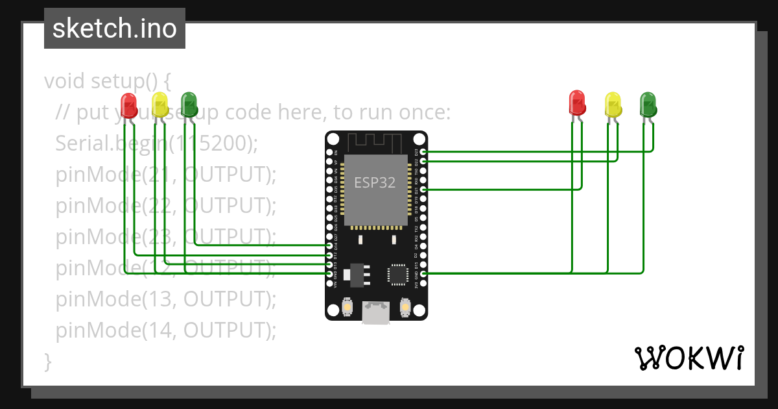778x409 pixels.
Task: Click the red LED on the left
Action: [128, 104]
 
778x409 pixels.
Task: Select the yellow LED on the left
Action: [159, 104]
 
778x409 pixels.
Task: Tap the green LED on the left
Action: [189, 104]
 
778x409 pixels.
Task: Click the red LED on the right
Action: [576, 103]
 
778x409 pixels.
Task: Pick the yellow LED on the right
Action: [613, 104]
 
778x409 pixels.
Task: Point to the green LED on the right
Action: [648, 104]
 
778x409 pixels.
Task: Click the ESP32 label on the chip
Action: [375, 182]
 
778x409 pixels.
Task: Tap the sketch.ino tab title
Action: [115, 29]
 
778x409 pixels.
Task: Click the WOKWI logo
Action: [689, 358]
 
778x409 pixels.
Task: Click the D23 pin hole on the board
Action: [423, 152]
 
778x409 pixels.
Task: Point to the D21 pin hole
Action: [423, 189]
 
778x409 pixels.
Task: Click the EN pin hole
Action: [329, 152]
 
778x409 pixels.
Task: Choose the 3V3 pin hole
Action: [423, 283]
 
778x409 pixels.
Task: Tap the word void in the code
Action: [65, 81]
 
